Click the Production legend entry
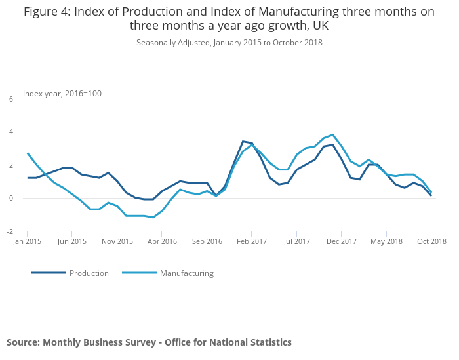pyautogui.click(x=89, y=273)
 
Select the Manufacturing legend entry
pyautogui.click(x=186, y=273)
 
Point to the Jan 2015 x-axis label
pyautogui.click(x=28, y=241)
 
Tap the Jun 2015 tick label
pyautogui.click(x=72, y=241)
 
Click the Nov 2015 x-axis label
pyautogui.click(x=117, y=241)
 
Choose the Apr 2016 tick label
pyautogui.click(x=162, y=241)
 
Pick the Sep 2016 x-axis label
pyautogui.click(x=207, y=241)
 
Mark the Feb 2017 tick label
pyautogui.click(x=252, y=241)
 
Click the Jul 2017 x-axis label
pyautogui.click(x=296, y=241)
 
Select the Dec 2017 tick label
pyautogui.click(x=342, y=241)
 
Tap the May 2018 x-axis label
pyautogui.click(x=386, y=241)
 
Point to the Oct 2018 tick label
pyautogui.click(x=431, y=241)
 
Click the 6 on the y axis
pyautogui.click(x=10, y=99)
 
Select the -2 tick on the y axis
pyautogui.click(x=10, y=231)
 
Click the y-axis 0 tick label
pyautogui.click(x=10, y=198)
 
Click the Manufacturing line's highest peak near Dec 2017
pyautogui.click(x=333, y=135)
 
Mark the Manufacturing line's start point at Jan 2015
pyautogui.click(x=28, y=153)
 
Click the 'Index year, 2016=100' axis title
pyautogui.click(x=62, y=94)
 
